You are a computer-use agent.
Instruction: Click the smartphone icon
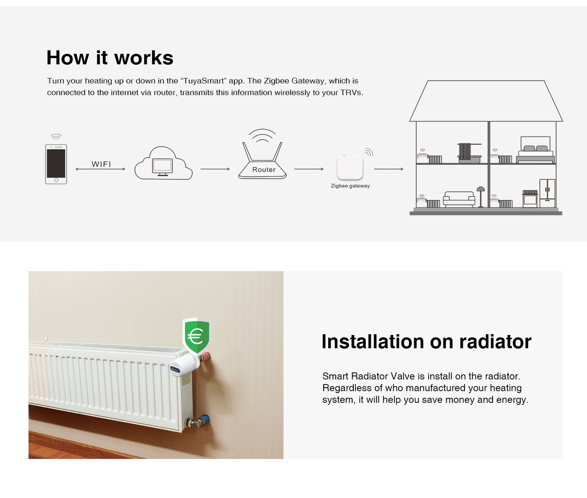pyautogui.click(x=56, y=164)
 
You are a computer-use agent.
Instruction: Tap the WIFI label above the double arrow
pyautogui.click(x=101, y=164)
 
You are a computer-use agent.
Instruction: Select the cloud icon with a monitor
pyautogui.click(x=163, y=163)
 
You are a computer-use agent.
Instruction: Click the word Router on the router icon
pyautogui.click(x=264, y=170)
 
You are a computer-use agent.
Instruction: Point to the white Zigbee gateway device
pyautogui.click(x=350, y=168)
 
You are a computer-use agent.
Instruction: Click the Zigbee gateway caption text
pyautogui.click(x=350, y=186)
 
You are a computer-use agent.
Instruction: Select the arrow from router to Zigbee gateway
pyautogui.click(x=309, y=169)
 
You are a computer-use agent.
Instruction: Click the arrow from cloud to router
pyautogui.click(x=215, y=169)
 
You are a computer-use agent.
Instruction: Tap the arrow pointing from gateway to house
pyautogui.click(x=389, y=169)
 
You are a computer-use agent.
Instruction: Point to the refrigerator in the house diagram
pyautogui.click(x=547, y=193)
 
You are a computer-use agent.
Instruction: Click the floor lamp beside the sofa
pyautogui.click(x=481, y=197)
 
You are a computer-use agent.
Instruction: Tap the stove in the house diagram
pyautogui.click(x=530, y=199)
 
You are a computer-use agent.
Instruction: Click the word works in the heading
pyautogui.click(x=144, y=58)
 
